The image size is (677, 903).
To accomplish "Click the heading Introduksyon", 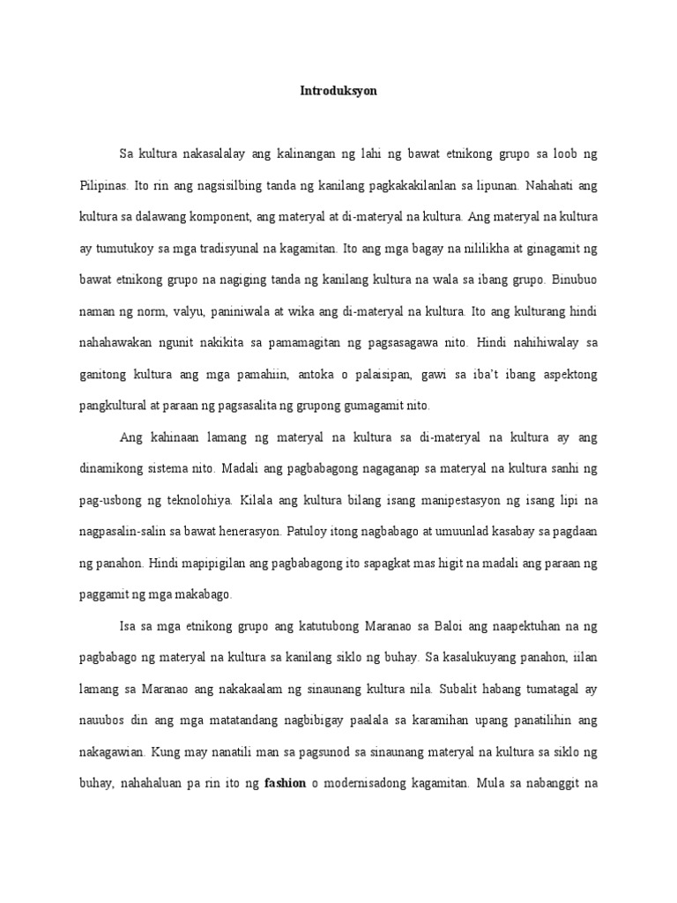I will click(x=338, y=91).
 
